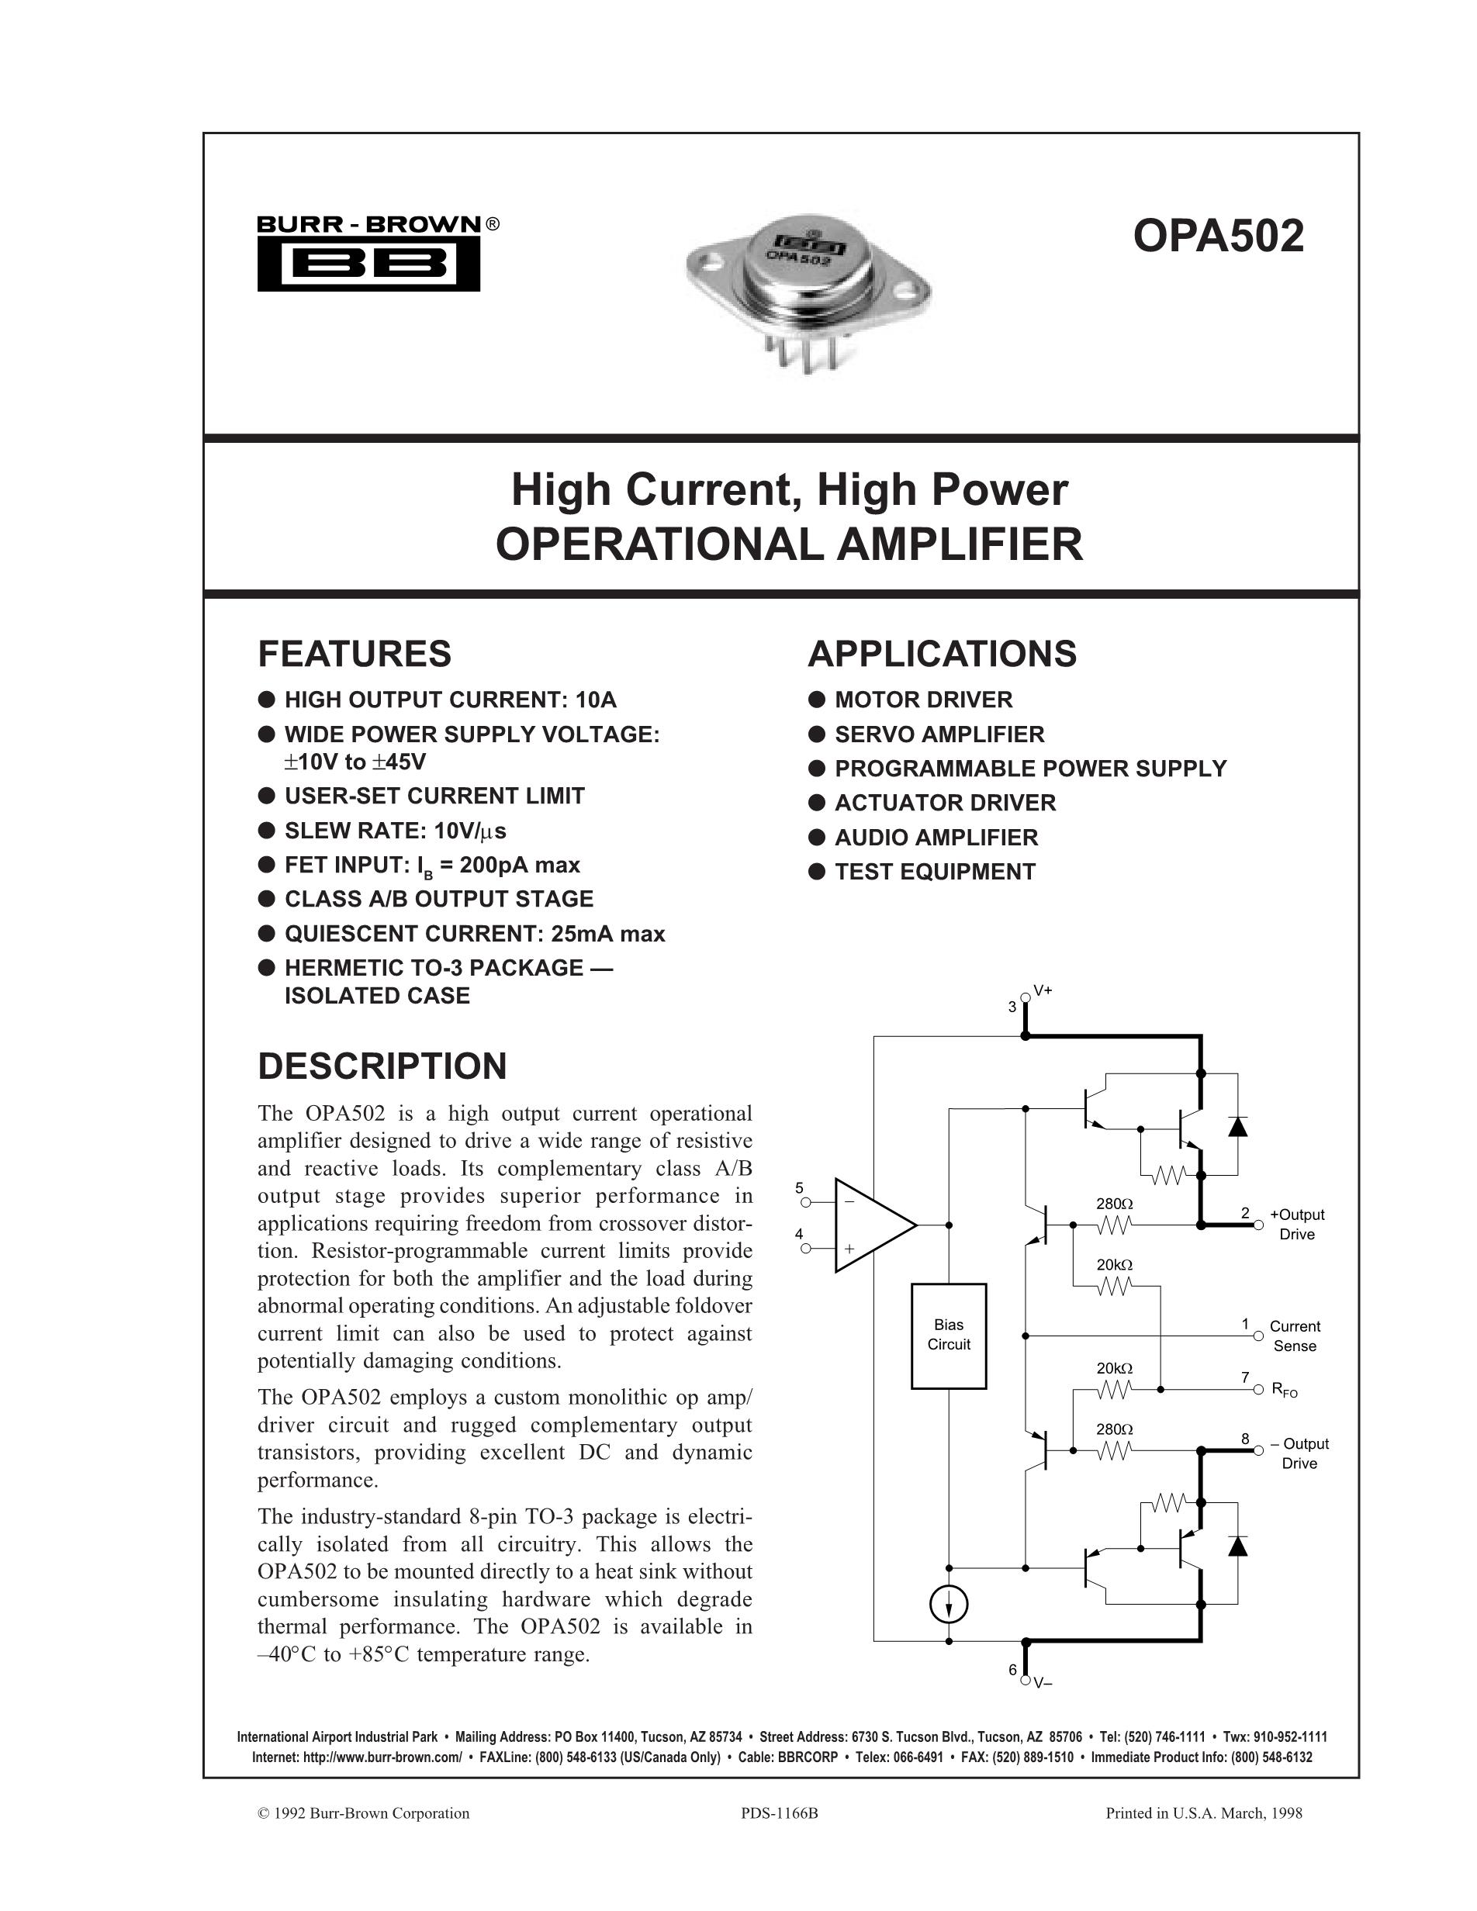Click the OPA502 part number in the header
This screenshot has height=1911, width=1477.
tap(1218, 237)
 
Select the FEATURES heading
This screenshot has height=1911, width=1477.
tap(355, 655)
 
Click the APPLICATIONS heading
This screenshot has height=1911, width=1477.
tap(943, 655)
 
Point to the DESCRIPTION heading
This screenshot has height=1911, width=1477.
tap(382, 1066)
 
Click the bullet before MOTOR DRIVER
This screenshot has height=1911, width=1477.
tap(816, 700)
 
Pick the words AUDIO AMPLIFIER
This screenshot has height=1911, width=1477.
tap(936, 838)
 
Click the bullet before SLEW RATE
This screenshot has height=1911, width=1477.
tap(267, 831)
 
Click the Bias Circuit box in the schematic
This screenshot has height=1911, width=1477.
tap(949, 1336)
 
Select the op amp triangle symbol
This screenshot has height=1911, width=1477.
tap(870, 1225)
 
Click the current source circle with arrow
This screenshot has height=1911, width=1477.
tap(949, 1605)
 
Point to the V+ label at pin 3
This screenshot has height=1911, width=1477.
tap(1043, 990)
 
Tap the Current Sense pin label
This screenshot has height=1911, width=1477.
tap(1295, 1336)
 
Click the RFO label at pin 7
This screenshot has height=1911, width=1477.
tap(1285, 1391)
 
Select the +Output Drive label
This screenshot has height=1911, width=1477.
tap(1297, 1224)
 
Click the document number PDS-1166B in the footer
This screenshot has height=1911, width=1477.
tap(779, 1814)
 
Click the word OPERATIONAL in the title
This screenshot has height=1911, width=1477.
tap(661, 544)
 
